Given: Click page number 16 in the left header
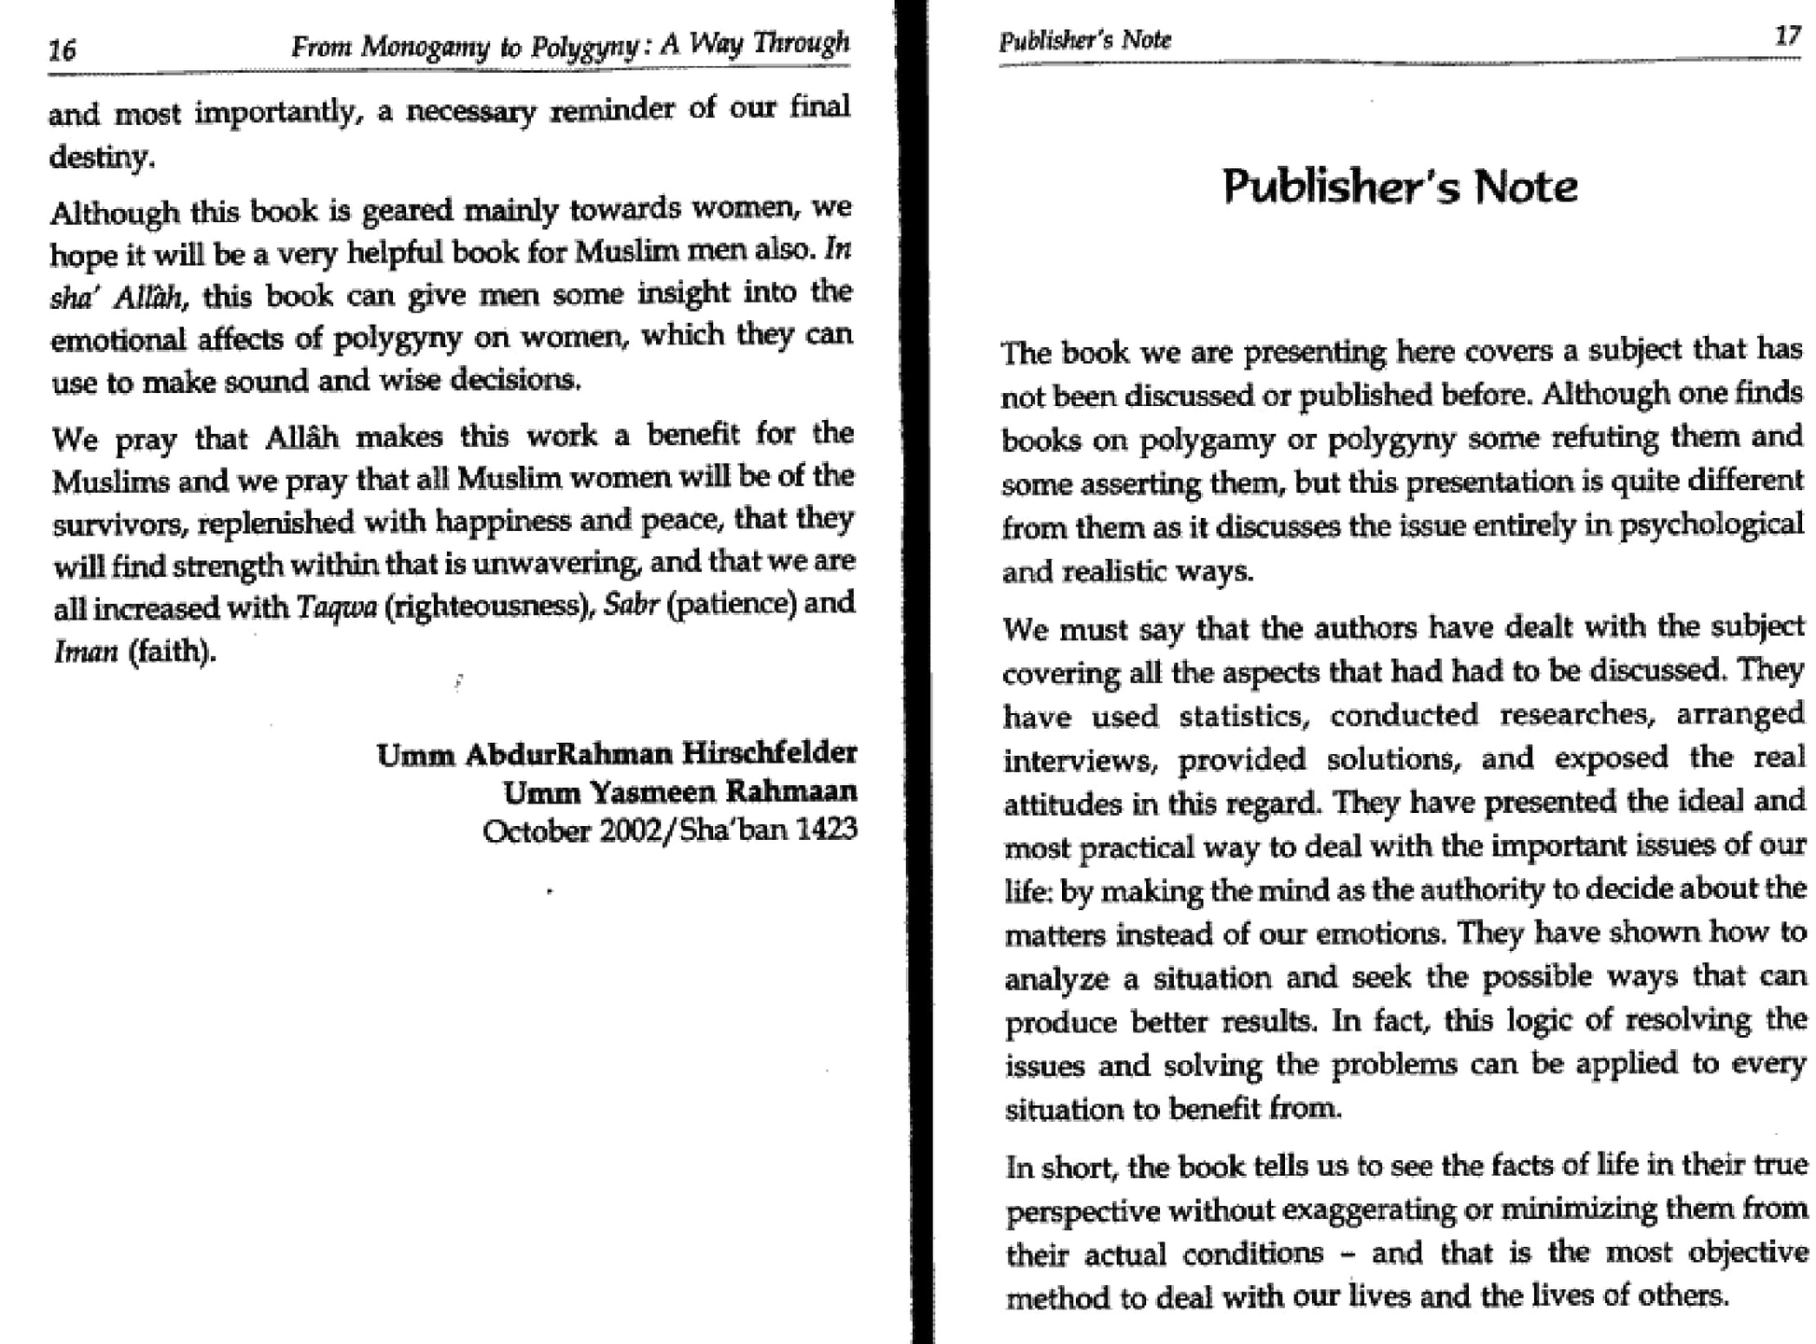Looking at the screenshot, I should coord(63,49).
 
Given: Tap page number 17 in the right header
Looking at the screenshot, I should coord(1787,36).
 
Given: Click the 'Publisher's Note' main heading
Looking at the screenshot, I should coord(1400,187).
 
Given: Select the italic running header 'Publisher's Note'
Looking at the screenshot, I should coord(1084,40).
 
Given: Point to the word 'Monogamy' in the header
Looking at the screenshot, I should coord(425,46).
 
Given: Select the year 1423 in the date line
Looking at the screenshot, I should coord(826,830).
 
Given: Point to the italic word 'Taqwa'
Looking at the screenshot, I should coord(337,607).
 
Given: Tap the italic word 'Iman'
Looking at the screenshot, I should coord(86,651).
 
